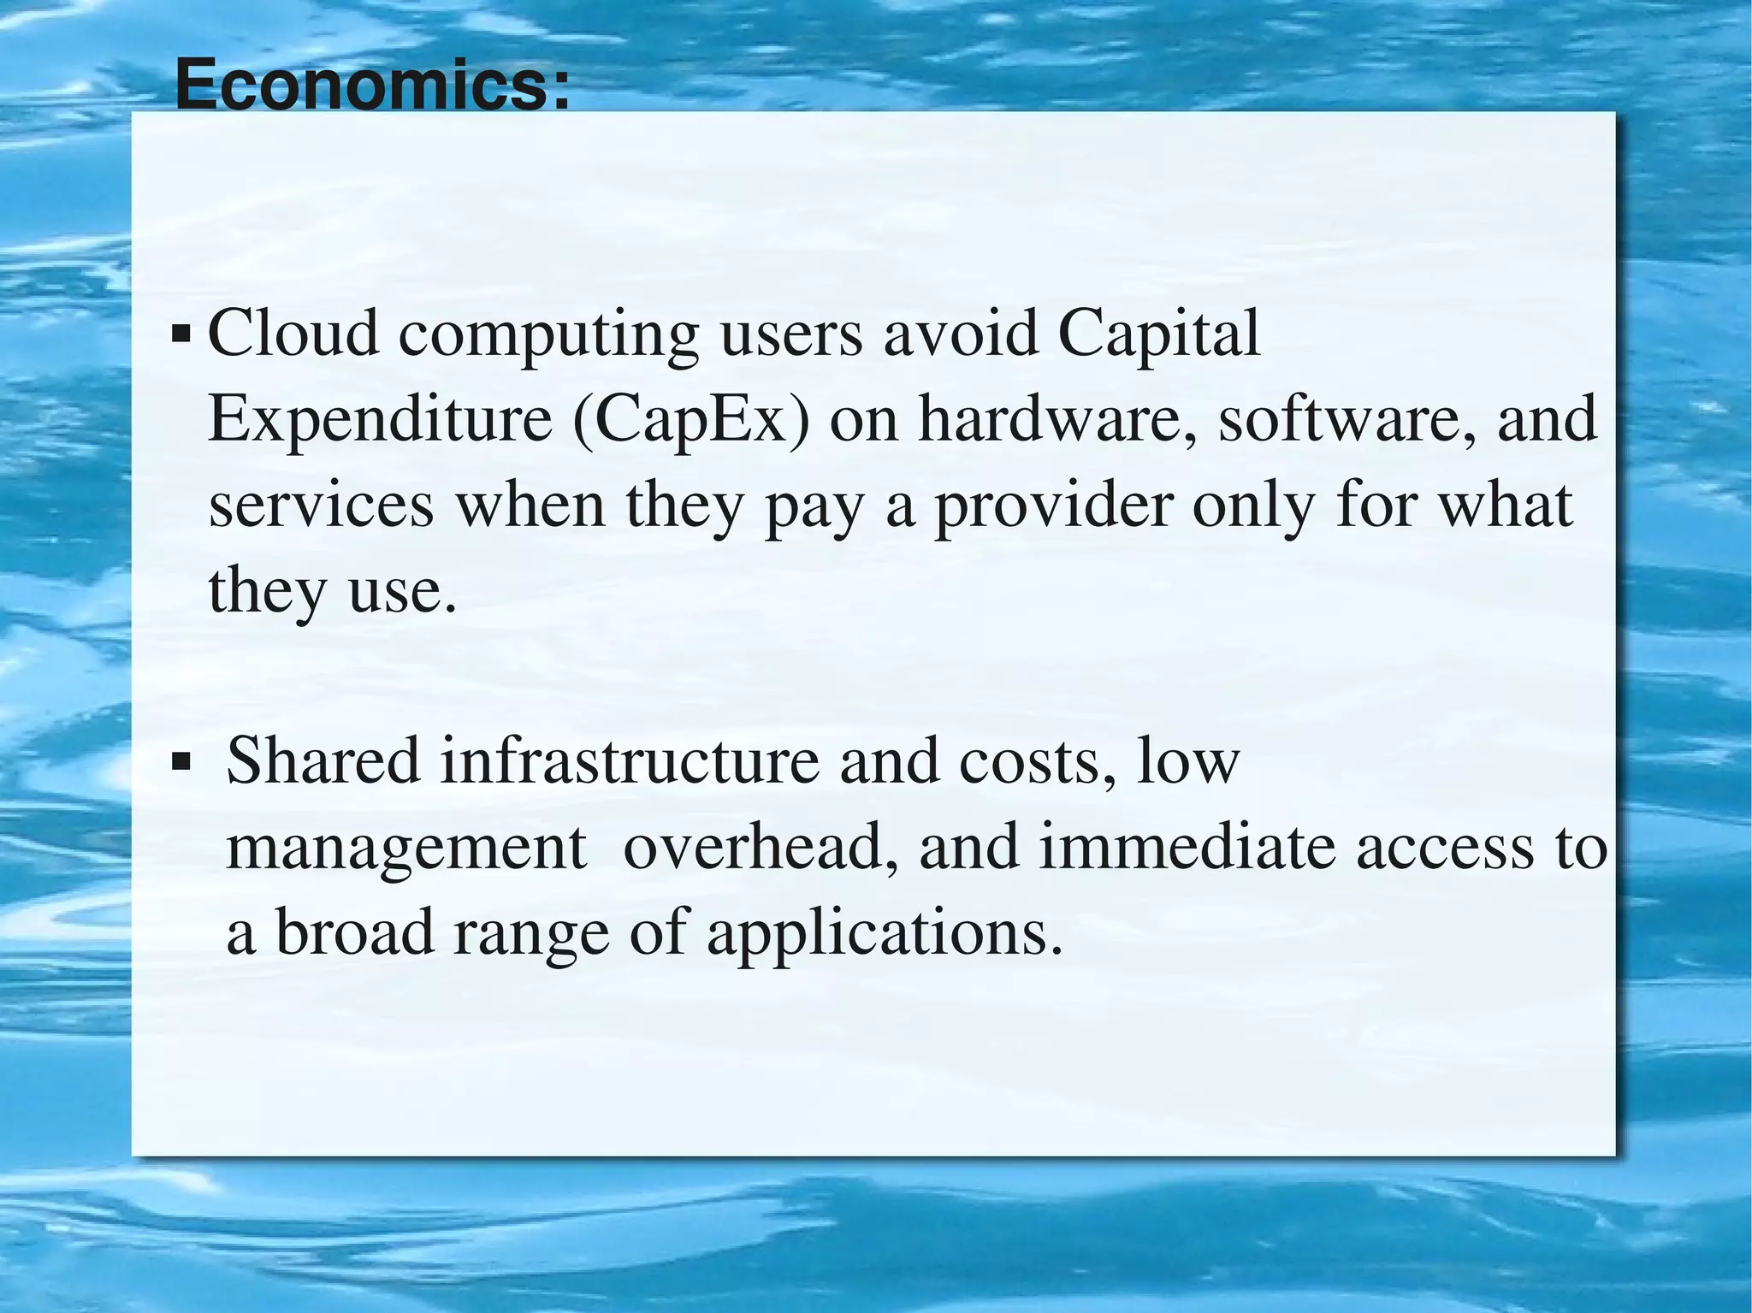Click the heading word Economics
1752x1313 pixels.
371,86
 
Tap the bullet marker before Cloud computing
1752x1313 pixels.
181,332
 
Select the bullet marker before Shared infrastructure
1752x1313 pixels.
181,760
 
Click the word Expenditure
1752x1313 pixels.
381,421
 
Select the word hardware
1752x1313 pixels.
1059,419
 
